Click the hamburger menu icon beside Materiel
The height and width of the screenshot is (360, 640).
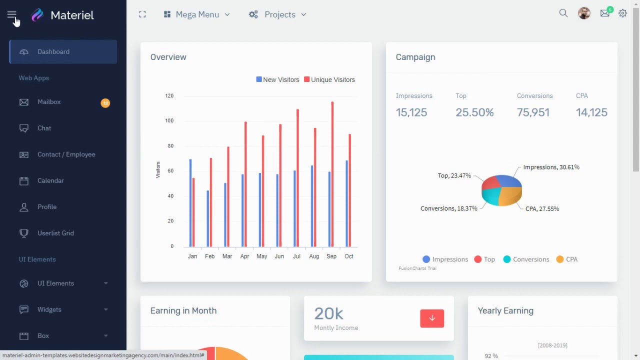coord(11,15)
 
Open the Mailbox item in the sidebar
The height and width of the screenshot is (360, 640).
coord(49,102)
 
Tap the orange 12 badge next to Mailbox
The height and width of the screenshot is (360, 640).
coord(105,103)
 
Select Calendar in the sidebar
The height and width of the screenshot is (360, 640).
coord(50,180)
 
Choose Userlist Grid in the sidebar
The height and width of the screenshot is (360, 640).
coord(55,233)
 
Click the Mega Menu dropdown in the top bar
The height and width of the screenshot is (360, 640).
coord(197,14)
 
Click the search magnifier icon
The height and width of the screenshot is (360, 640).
coord(563,13)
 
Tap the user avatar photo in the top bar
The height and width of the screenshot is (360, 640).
coord(584,13)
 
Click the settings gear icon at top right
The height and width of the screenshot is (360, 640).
coord(622,13)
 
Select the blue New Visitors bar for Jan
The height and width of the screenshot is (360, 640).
coord(190,202)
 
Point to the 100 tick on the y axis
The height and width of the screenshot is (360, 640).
coord(169,120)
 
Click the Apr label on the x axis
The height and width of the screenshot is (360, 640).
coord(244,256)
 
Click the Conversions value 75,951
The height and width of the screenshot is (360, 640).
coord(533,112)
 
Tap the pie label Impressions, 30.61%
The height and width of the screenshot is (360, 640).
coord(551,167)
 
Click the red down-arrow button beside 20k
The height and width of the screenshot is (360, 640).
coord(432,318)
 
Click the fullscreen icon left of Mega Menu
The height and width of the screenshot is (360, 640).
coord(142,14)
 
